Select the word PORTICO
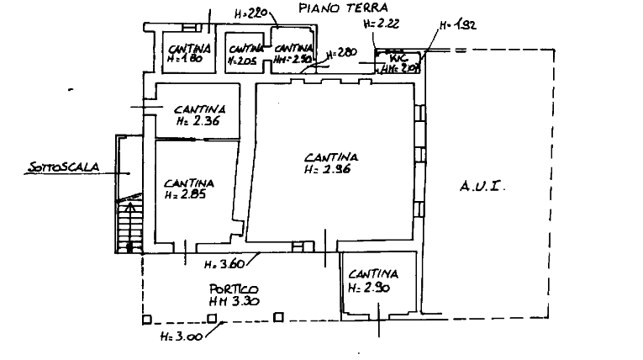pyautogui.click(x=229, y=289)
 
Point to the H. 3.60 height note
pyautogui.click(x=224, y=267)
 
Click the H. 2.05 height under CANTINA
pyautogui.click(x=185, y=196)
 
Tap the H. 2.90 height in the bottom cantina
pyautogui.click(x=370, y=288)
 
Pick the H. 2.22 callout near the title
pyautogui.click(x=380, y=25)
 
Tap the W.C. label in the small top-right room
pyautogui.click(x=396, y=60)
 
